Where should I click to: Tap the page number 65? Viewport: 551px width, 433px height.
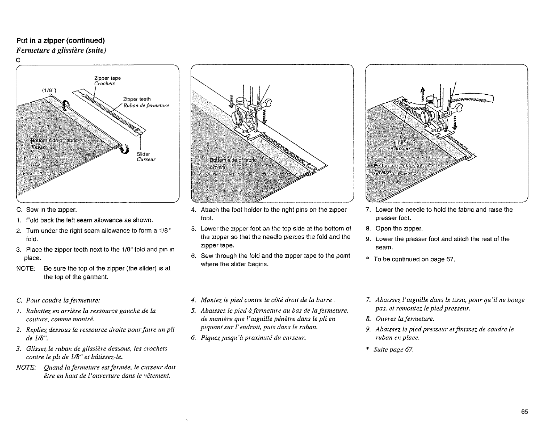point(525,412)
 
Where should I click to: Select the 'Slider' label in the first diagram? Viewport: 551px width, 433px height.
point(143,154)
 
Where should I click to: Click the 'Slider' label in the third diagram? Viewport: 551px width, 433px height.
point(398,143)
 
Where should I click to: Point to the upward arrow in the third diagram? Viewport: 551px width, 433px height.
point(423,93)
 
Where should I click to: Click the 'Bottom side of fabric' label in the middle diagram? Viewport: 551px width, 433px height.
point(233,160)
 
